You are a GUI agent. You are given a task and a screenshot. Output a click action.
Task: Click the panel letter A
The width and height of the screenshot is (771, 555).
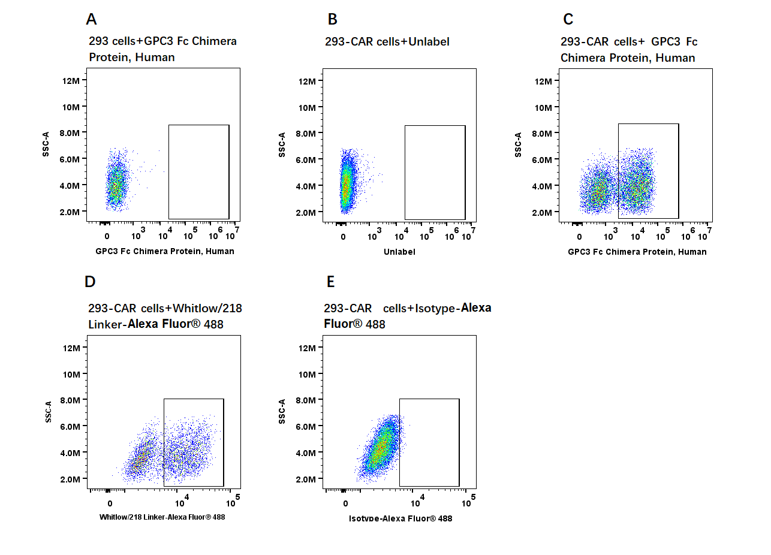click(x=91, y=19)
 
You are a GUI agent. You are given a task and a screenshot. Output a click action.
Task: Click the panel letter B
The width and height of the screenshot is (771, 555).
click(x=333, y=19)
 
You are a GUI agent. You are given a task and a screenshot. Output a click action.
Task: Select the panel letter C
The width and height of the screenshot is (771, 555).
click(x=568, y=19)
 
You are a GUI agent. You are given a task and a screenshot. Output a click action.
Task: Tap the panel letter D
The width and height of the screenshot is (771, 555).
click(x=91, y=282)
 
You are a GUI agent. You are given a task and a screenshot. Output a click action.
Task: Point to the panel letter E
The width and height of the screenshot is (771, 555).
click(x=330, y=282)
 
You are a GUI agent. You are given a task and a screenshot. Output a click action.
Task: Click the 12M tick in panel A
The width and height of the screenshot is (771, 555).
click(x=71, y=80)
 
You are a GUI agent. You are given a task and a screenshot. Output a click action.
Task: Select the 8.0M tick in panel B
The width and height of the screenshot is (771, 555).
click(x=306, y=133)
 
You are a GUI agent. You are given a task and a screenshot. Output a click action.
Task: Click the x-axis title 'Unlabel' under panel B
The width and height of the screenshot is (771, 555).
click(x=399, y=252)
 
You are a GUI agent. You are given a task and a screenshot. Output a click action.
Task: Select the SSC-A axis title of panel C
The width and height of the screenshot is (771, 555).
click(x=518, y=145)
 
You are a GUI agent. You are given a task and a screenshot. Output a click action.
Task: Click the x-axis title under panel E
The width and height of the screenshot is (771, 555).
click(x=400, y=518)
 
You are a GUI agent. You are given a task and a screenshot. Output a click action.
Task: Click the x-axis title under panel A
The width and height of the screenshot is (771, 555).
click(x=165, y=251)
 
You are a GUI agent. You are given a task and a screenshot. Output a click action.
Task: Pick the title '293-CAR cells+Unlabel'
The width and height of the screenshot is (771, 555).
click(x=387, y=41)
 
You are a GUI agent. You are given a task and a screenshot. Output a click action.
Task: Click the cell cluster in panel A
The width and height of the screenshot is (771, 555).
click(x=116, y=183)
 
